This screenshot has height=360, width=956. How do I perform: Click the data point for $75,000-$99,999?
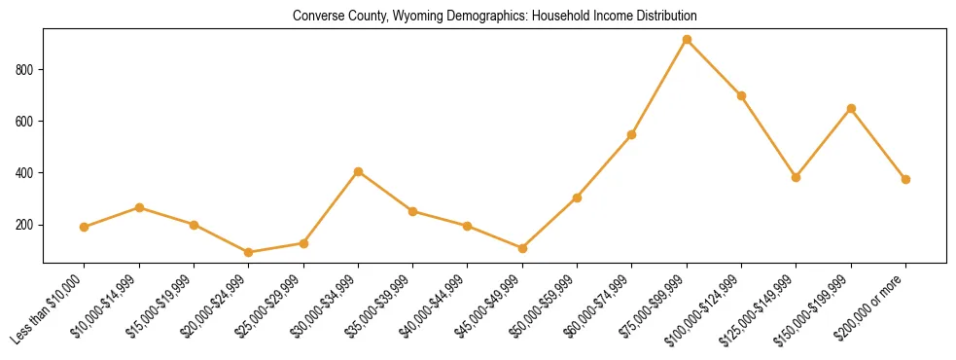[687, 40]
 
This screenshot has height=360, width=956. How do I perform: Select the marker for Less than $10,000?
[85, 227]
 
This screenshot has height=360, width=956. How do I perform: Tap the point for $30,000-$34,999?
[358, 172]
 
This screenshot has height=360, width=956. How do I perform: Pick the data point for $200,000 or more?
[905, 179]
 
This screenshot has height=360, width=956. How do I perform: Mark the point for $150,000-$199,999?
[851, 108]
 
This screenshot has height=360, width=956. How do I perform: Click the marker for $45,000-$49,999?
[522, 248]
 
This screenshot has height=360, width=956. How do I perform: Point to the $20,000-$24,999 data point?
[249, 252]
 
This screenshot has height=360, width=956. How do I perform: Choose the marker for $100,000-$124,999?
[741, 95]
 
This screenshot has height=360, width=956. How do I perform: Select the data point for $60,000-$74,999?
[632, 134]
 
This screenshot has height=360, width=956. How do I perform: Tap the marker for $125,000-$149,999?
[796, 177]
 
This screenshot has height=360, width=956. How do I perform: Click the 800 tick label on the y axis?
[27, 70]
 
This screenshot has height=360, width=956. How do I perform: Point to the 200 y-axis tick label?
[27, 225]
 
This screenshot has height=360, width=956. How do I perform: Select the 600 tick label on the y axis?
[27, 122]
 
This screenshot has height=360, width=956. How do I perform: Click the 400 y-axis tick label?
[27, 173]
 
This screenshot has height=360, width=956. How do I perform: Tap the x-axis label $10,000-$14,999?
[109, 306]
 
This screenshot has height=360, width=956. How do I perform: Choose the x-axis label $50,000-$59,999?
[546, 306]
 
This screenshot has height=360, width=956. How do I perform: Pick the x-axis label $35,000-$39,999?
[382, 306]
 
